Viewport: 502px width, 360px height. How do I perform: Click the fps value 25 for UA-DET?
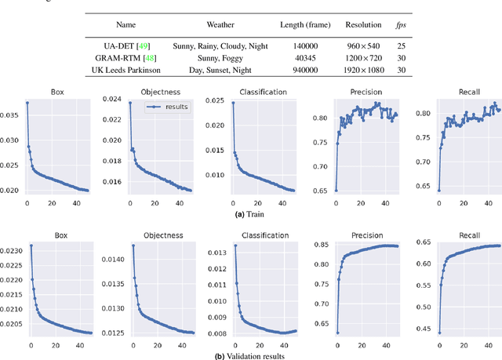click(401, 45)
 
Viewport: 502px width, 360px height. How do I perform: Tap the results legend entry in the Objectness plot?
click(169, 107)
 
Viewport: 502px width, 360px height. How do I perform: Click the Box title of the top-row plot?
click(56, 91)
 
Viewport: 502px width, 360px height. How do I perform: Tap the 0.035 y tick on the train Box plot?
click(11, 115)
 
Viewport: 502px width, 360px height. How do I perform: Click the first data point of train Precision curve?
click(336, 190)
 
